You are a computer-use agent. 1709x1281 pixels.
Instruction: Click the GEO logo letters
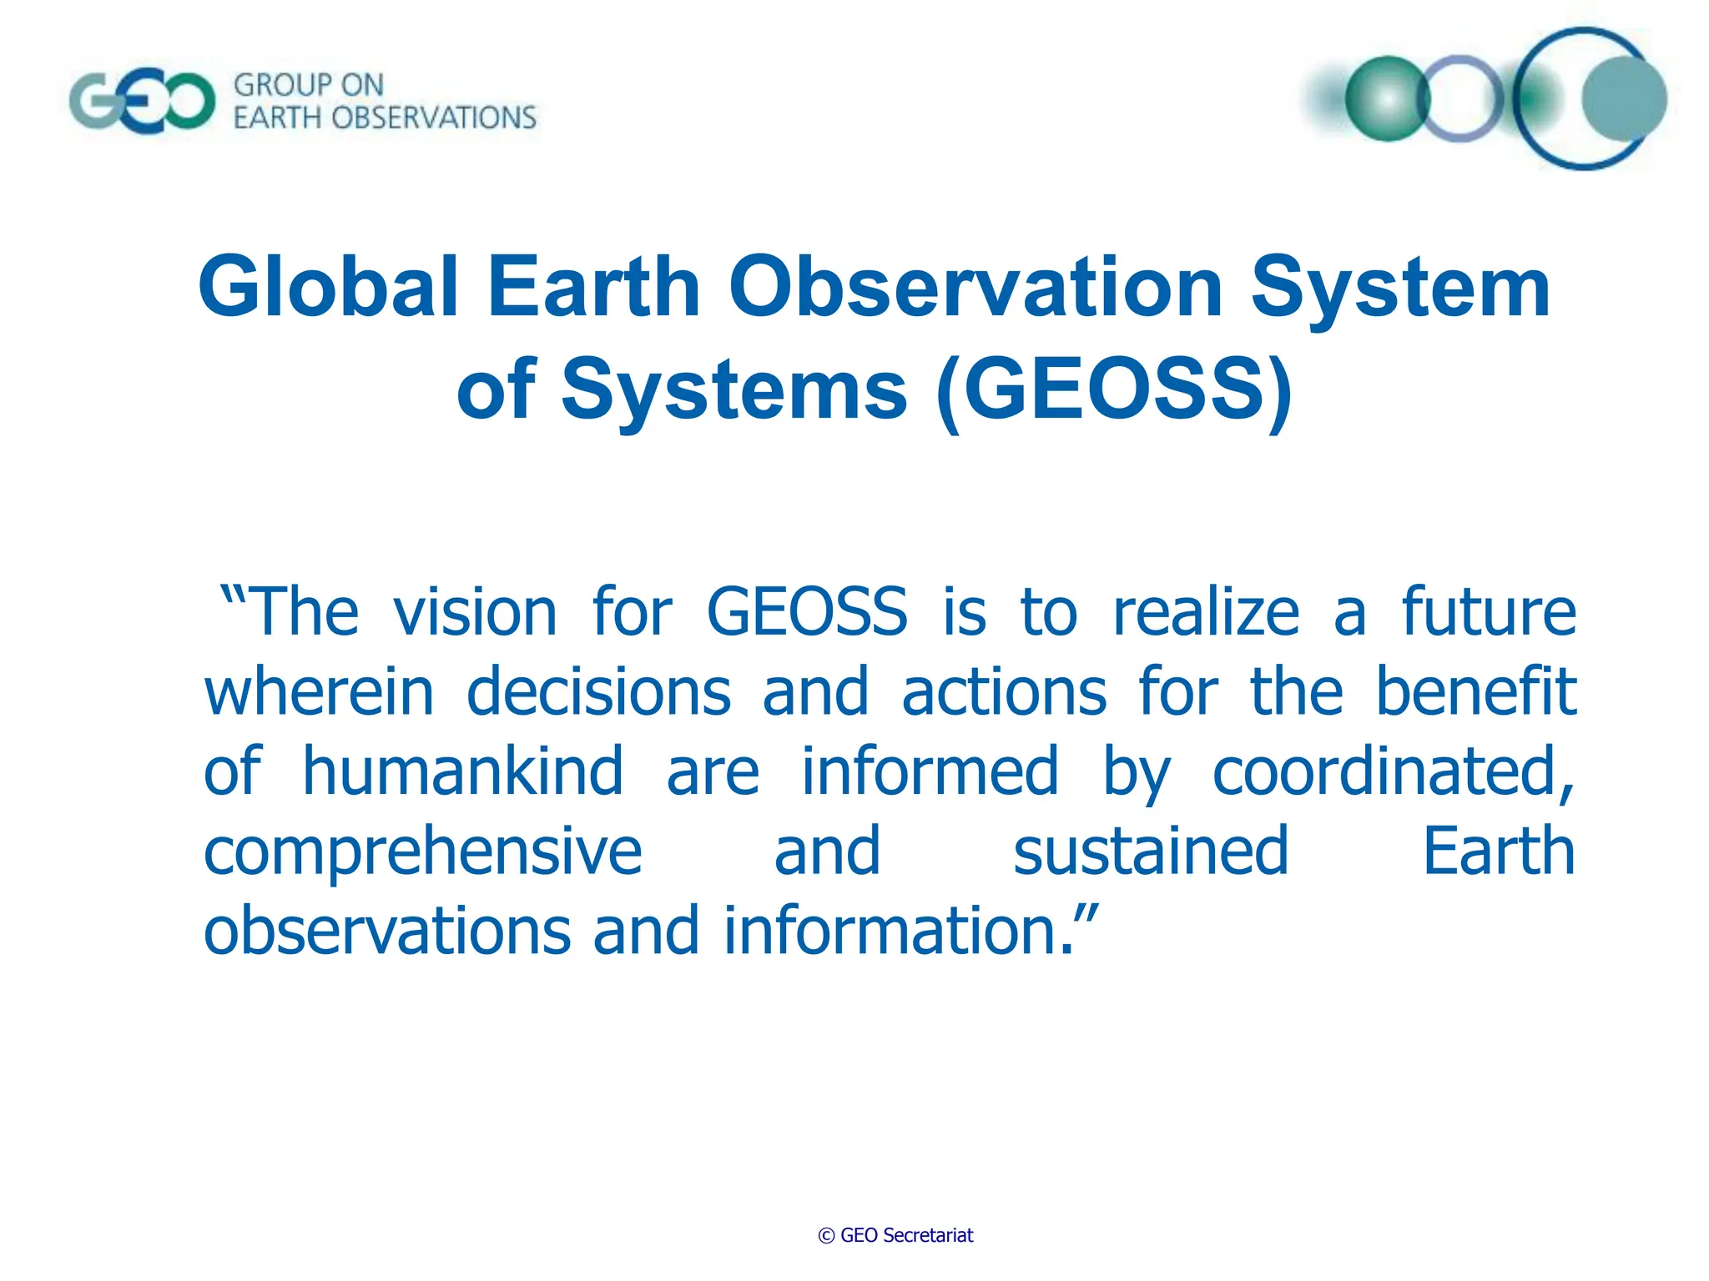pyautogui.click(x=142, y=103)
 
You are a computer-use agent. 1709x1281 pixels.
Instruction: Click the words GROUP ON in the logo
pyautogui.click(x=308, y=85)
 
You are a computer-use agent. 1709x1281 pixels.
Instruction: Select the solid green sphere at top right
pyautogui.click(x=1387, y=98)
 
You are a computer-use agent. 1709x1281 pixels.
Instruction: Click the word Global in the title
pyautogui.click(x=328, y=287)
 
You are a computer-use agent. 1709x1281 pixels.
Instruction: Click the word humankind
pyautogui.click(x=462, y=771)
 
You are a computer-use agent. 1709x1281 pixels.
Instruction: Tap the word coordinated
pyautogui.click(x=1392, y=771)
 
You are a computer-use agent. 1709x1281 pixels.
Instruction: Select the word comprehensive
pyautogui.click(x=423, y=852)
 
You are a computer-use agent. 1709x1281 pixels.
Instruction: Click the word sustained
pyautogui.click(x=1151, y=851)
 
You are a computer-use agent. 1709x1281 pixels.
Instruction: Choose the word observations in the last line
pyautogui.click(x=387, y=931)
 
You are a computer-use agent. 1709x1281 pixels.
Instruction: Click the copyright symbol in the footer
pyautogui.click(x=826, y=1236)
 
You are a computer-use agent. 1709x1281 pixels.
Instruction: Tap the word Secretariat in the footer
pyautogui.click(x=927, y=1235)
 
